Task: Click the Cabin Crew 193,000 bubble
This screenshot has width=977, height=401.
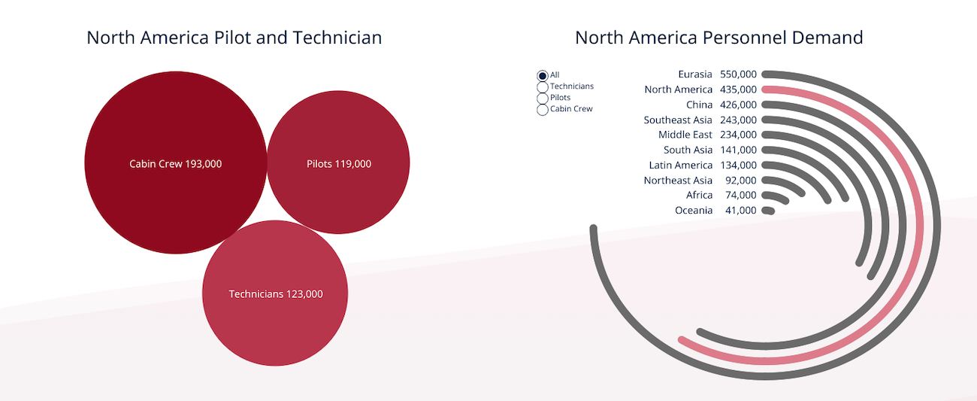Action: pyautogui.click(x=175, y=163)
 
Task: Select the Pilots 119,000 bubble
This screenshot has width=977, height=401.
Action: pyautogui.click(x=338, y=162)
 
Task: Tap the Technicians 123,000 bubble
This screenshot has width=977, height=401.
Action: pyautogui.click(x=275, y=293)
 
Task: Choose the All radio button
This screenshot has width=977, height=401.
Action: pyautogui.click(x=542, y=75)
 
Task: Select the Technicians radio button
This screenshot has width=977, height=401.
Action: pyautogui.click(x=542, y=87)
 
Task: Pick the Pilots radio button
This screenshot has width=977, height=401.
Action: pyautogui.click(x=542, y=99)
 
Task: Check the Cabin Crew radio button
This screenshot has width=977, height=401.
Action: pyautogui.click(x=542, y=110)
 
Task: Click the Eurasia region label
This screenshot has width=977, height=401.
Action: pyautogui.click(x=695, y=74)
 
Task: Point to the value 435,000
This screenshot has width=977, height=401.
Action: pyautogui.click(x=738, y=90)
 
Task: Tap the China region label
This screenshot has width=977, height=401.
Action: pyautogui.click(x=699, y=105)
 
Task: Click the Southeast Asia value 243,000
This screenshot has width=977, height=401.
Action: pyautogui.click(x=738, y=120)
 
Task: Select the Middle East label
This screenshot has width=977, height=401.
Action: pyautogui.click(x=685, y=135)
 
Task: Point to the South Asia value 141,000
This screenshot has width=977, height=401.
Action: pyautogui.click(x=738, y=150)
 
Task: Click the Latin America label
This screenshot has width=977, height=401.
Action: pyautogui.click(x=680, y=165)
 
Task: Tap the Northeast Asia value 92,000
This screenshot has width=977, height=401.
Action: pyautogui.click(x=740, y=181)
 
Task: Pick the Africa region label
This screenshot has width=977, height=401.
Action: pyautogui.click(x=699, y=195)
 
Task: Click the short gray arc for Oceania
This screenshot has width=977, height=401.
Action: pyautogui.click(x=768, y=211)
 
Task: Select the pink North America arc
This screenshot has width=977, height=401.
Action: pyautogui.click(x=920, y=226)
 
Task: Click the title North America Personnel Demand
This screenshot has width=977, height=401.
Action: pyautogui.click(x=718, y=38)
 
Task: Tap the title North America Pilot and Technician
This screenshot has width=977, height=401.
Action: pyautogui.click(x=234, y=38)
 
